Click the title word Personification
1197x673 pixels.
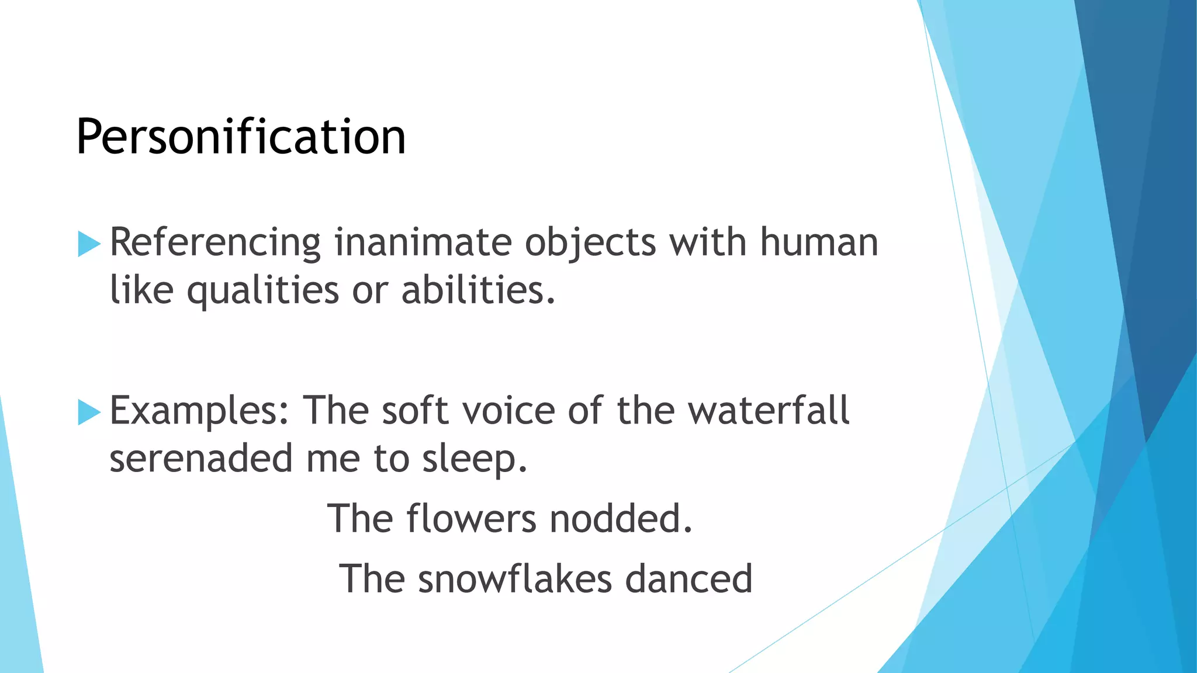[241, 137]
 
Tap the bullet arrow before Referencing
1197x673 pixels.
[89, 244]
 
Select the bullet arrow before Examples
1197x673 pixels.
[89, 412]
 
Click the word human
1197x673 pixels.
[819, 242]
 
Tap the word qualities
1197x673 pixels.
[262, 291]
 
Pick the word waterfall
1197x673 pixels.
[768, 410]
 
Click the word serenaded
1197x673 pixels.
[200, 459]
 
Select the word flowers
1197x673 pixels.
[471, 518]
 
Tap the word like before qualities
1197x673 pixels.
[141, 290]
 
